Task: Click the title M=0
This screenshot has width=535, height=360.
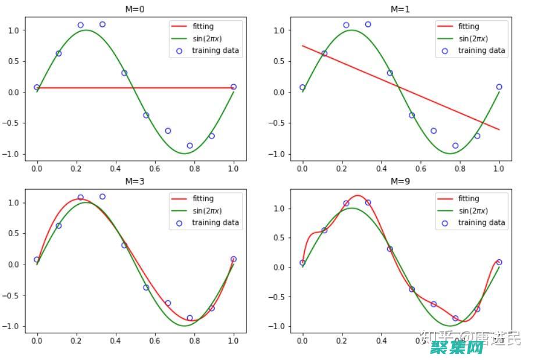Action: point(135,9)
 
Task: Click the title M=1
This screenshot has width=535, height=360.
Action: point(401,9)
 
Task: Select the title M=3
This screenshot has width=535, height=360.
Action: point(135,181)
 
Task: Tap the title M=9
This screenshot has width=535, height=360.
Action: point(401,181)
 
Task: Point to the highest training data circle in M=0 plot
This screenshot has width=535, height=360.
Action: point(102,24)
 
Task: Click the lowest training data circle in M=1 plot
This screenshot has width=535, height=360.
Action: point(455,146)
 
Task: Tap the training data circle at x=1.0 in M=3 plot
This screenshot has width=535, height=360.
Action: point(233,259)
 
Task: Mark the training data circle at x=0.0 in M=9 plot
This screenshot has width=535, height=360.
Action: point(302,262)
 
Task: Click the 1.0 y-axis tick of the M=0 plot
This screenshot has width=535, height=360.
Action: point(13,30)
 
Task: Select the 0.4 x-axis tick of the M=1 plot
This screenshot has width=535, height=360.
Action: point(381,168)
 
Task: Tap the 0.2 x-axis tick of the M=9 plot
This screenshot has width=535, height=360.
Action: point(341,340)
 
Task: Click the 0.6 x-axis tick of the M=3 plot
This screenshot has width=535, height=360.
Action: point(155,340)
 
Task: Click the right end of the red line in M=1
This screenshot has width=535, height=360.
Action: point(499,129)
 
